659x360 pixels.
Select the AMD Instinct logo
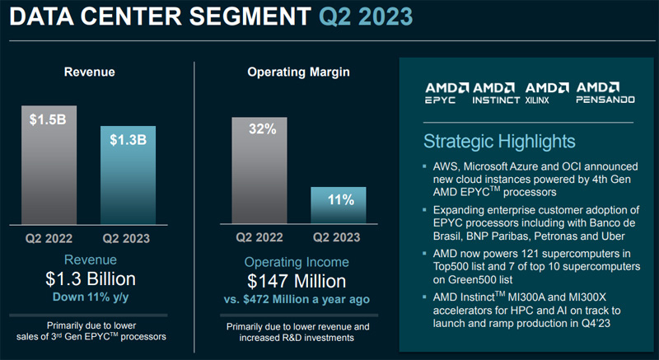[496, 92]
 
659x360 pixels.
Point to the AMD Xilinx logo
[547, 92]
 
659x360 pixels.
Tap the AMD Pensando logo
[604, 92]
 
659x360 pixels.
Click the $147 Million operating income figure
[299, 280]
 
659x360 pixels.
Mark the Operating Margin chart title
[299, 72]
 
